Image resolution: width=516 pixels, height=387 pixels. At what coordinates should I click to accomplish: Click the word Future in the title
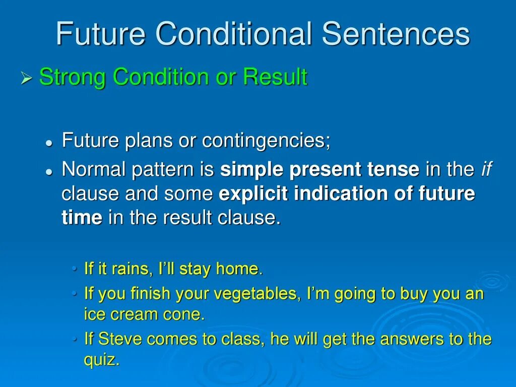101,33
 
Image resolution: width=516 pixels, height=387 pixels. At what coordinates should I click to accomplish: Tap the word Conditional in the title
234,33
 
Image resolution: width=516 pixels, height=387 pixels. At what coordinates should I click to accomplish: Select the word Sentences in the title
396,33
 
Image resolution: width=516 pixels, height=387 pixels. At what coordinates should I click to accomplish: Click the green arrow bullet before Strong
26,78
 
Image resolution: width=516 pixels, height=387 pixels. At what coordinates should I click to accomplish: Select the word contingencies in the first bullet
266,141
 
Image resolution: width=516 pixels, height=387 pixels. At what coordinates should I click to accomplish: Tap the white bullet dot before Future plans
49,143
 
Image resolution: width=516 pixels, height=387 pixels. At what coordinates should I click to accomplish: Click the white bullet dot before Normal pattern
49,172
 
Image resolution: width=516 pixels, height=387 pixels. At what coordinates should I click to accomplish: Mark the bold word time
82,218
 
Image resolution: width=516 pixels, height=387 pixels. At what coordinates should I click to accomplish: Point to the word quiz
101,359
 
